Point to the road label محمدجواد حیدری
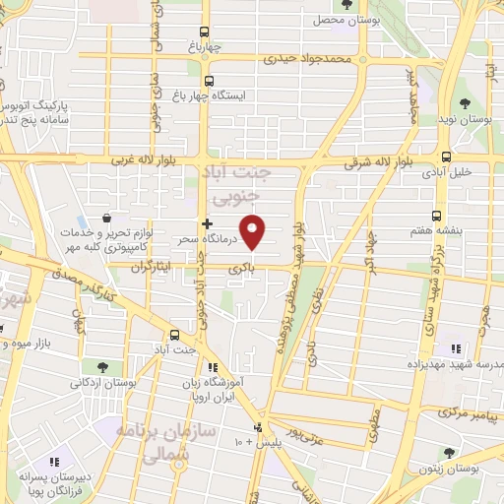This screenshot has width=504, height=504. (306, 59)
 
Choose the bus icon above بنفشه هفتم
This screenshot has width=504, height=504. (437, 216)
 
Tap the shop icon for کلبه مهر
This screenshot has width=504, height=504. (106, 219)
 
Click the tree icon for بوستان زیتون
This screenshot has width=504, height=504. (450, 454)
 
